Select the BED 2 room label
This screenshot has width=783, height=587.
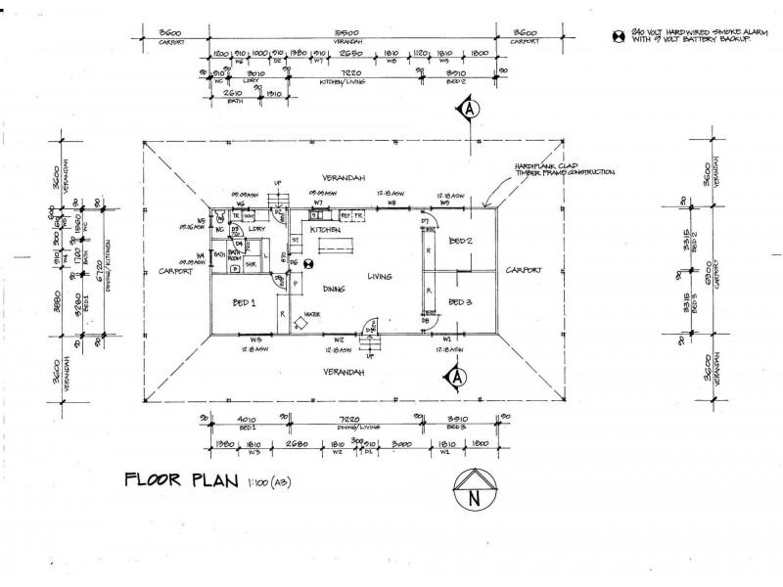coord(460,240)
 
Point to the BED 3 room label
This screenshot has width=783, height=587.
coord(460,302)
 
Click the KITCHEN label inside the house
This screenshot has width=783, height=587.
coord(325,228)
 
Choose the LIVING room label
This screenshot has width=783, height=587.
coord(380,277)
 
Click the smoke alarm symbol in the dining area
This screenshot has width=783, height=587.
coord(307,262)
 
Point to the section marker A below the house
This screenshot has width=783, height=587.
coord(455,375)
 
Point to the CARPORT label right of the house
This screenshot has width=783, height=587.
coord(524,271)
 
